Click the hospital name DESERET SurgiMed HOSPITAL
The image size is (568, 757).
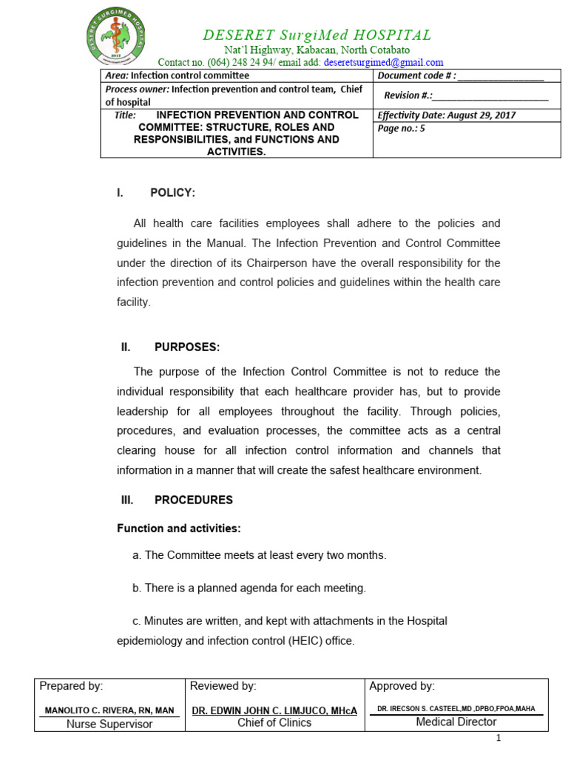click(317, 35)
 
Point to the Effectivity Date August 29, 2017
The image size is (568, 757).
click(447, 115)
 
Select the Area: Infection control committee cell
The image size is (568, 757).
click(177, 75)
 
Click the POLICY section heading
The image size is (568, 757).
click(172, 193)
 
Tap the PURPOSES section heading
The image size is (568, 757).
click(186, 347)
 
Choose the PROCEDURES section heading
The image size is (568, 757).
click(193, 500)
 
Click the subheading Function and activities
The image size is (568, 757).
click(179, 529)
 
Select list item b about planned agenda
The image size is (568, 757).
click(249, 588)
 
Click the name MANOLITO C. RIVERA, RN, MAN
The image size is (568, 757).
click(109, 710)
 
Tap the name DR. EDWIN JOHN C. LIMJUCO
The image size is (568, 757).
click(274, 710)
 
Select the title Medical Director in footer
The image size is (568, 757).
click(456, 722)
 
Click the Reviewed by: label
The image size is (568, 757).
click(223, 687)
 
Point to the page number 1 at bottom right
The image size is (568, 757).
click(498, 738)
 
